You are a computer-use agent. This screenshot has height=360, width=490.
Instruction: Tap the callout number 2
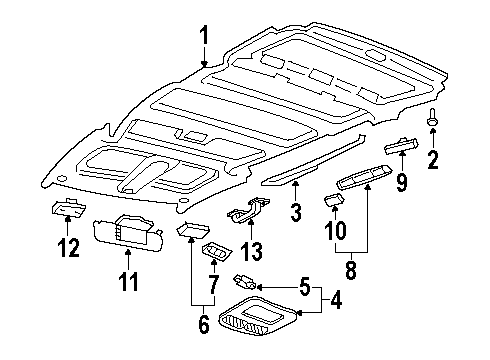tap(434, 160)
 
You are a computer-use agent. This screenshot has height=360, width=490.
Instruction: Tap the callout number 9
tap(401, 183)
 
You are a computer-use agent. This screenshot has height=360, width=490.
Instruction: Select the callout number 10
tap(333, 231)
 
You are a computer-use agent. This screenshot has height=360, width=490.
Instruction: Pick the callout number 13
tap(253, 249)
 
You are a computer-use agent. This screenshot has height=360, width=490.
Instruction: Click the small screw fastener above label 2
tap(433, 123)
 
